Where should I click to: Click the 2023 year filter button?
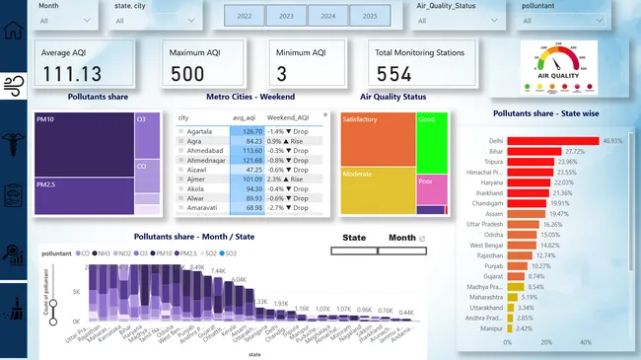tap(286, 17)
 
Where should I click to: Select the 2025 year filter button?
tap(368, 17)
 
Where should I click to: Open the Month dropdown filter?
tap(65, 19)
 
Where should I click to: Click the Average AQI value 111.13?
tap(75, 75)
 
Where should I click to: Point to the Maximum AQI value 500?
tap(189, 75)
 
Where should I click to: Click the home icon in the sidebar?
tap(14, 29)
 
